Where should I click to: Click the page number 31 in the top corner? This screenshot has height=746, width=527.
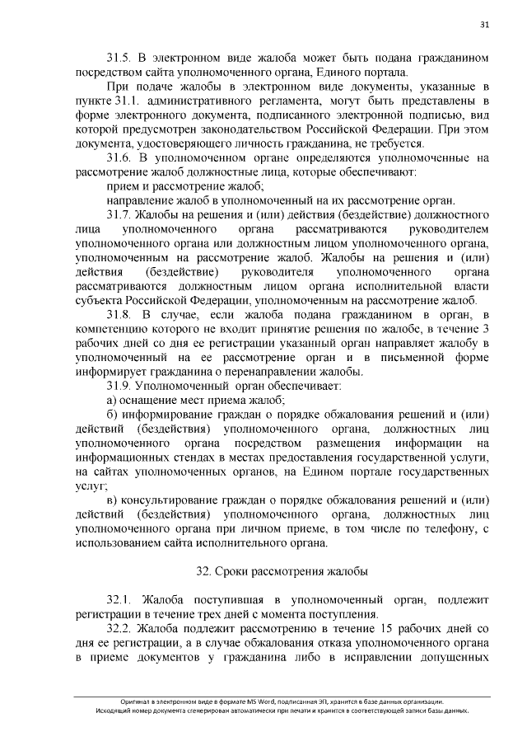click(x=484, y=25)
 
